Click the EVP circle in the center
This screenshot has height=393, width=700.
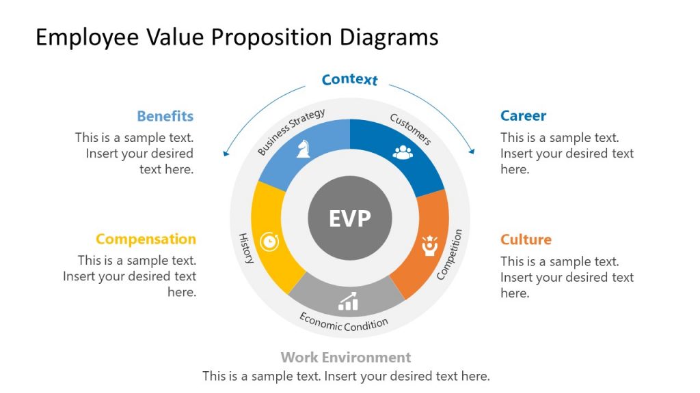(x=349, y=218)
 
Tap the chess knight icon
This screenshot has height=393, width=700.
(x=303, y=149)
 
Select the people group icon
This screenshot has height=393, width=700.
(x=403, y=151)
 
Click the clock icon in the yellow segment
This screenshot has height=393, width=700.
(x=271, y=242)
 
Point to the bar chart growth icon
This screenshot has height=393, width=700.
(x=348, y=301)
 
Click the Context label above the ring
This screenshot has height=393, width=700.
(x=349, y=80)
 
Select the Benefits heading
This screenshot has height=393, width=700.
(x=165, y=116)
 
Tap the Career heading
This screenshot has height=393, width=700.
(x=523, y=116)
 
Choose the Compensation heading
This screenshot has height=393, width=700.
(x=146, y=239)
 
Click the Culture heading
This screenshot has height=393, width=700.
(x=526, y=239)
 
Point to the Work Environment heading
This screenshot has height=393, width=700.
(x=346, y=358)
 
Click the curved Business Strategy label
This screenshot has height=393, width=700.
(x=291, y=132)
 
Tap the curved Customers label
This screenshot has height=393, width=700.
(x=411, y=129)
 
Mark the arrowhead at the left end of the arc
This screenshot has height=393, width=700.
(x=226, y=154)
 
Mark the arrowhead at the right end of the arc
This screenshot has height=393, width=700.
(x=472, y=151)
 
